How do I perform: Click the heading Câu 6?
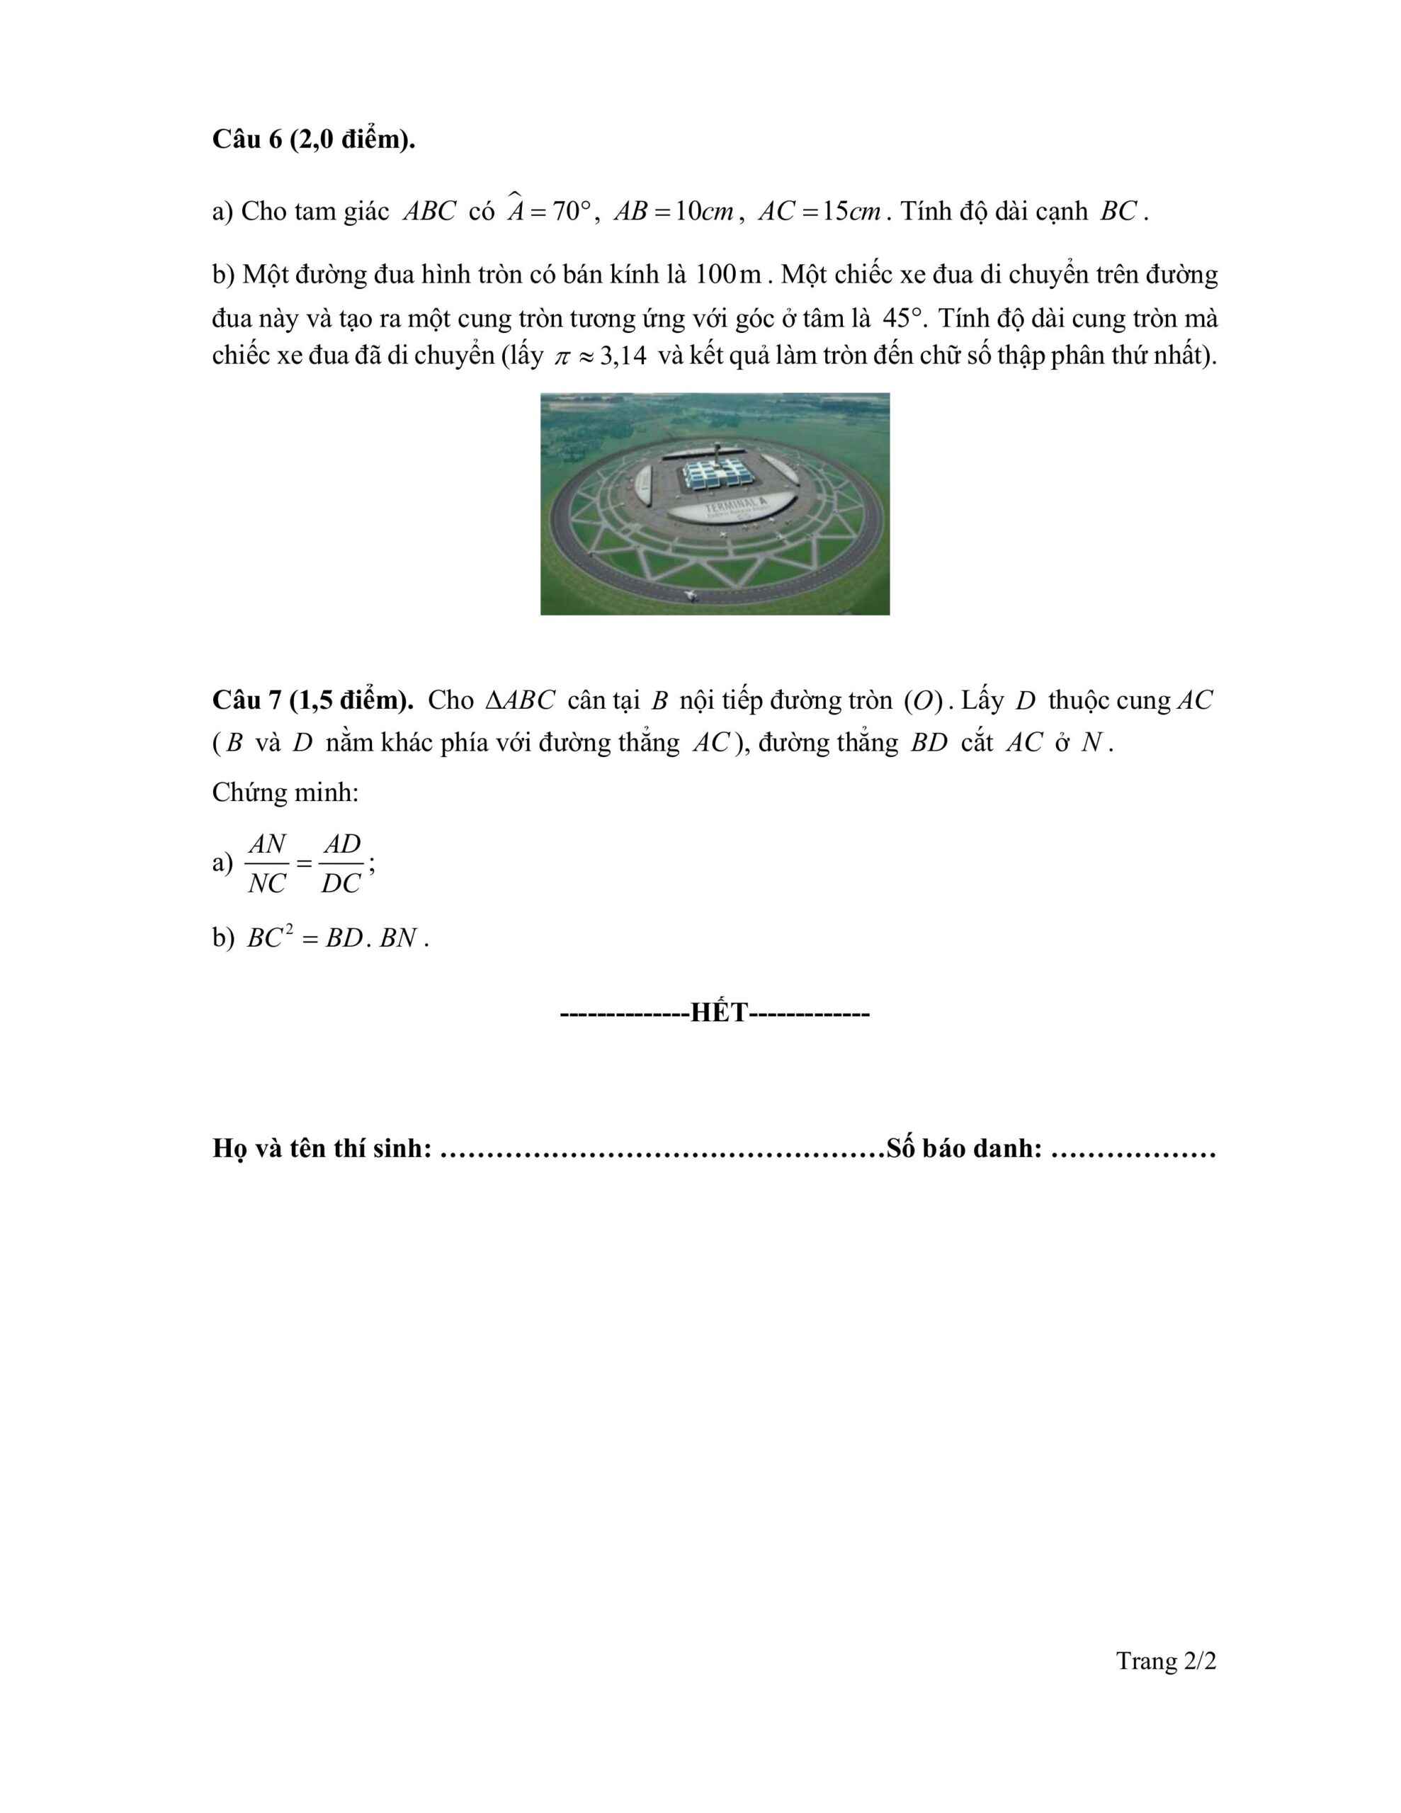coord(313,140)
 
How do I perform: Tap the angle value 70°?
coord(571,212)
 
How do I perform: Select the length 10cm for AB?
coord(703,212)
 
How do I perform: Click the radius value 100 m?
coord(727,274)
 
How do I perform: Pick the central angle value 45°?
coord(902,318)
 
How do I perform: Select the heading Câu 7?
coord(312,700)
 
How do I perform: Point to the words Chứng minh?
coord(285,792)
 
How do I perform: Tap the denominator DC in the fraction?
coord(341,884)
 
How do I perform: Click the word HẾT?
coord(719,1013)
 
